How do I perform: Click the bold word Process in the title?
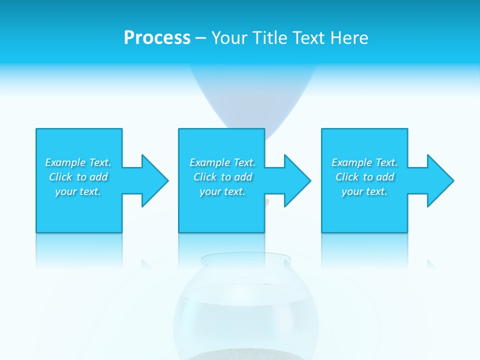(157, 38)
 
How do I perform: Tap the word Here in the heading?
(349, 38)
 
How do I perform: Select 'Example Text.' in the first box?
(78, 162)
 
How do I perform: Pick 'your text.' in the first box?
(78, 191)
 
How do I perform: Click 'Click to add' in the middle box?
(222, 177)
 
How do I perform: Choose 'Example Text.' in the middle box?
(222, 162)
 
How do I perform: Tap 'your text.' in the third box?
(364, 191)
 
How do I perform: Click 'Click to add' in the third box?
(364, 177)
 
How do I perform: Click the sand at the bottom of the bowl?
(245, 355)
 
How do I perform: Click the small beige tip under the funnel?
(268, 202)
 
